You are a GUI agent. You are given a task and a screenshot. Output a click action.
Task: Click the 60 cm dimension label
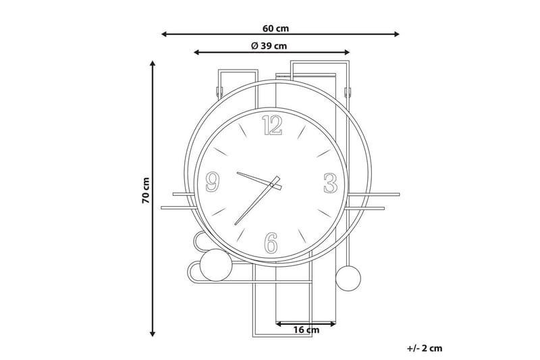click(x=275, y=28)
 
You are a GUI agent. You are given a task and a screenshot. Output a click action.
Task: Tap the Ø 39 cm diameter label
click(x=269, y=46)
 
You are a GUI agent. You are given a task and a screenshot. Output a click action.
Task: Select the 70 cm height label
click(x=146, y=190)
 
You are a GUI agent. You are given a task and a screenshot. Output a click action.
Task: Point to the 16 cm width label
click(x=306, y=330)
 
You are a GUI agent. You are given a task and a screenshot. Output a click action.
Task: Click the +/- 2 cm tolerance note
click(x=425, y=349)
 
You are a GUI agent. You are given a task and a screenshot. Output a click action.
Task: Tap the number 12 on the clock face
click(x=272, y=126)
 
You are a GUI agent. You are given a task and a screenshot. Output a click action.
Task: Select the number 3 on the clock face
click(x=330, y=183)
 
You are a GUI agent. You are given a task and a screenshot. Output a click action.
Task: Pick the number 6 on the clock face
click(x=271, y=243)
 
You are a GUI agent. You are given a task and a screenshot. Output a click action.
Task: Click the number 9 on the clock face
click(x=213, y=182)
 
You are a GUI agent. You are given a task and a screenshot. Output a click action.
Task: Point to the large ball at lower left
click(x=216, y=265)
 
